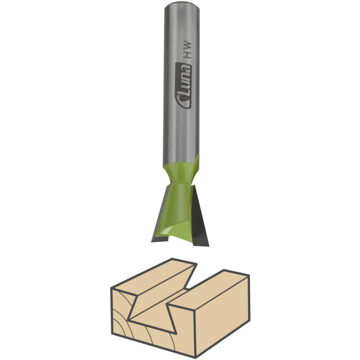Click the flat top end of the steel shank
click(180, 4)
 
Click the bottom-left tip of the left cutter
click(152, 242)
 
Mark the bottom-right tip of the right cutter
click(209, 246)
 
